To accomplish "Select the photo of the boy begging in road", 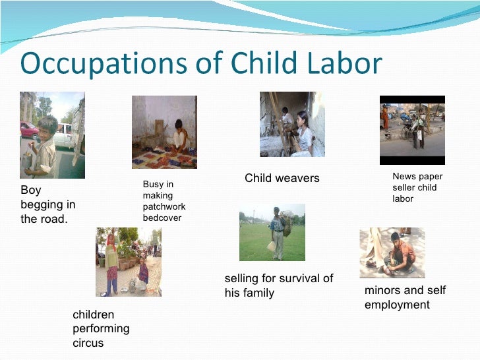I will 52,135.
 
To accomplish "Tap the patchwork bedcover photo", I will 164,131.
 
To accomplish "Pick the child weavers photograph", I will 292,124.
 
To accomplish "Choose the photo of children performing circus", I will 129,262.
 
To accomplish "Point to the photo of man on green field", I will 272,232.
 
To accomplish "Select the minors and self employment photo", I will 392,253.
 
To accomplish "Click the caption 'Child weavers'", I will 282,178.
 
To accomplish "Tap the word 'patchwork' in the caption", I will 164,206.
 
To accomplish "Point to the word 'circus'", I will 88,343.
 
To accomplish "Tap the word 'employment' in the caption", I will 397,305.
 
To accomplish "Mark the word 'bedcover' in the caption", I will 162,218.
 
